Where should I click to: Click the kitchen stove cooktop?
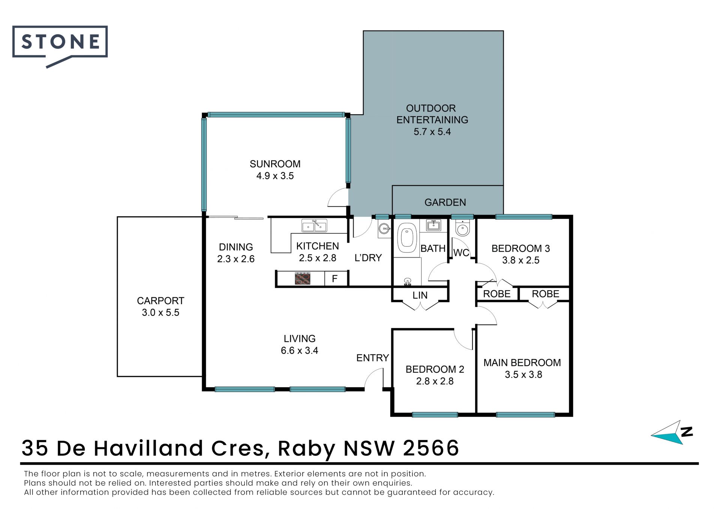coord(303,279)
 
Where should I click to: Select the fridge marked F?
coord(335,279)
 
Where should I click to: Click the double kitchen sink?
coord(314,226)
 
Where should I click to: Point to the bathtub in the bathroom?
coord(407,238)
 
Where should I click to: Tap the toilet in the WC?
coord(463,228)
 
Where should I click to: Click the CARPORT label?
coord(160,301)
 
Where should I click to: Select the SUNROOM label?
coord(275,164)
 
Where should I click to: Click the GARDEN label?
coord(445,203)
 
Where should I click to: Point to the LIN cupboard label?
coord(420,295)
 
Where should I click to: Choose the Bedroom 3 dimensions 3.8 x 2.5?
coord(521,260)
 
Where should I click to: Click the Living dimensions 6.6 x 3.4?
coord(300,350)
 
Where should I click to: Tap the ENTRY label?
coord(372,358)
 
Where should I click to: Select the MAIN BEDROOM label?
coord(522,363)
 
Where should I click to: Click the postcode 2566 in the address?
coord(431,448)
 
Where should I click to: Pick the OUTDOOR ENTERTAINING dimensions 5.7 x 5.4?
coord(432,132)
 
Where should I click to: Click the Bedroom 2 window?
coord(435,414)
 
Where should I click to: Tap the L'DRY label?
coord(368,258)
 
